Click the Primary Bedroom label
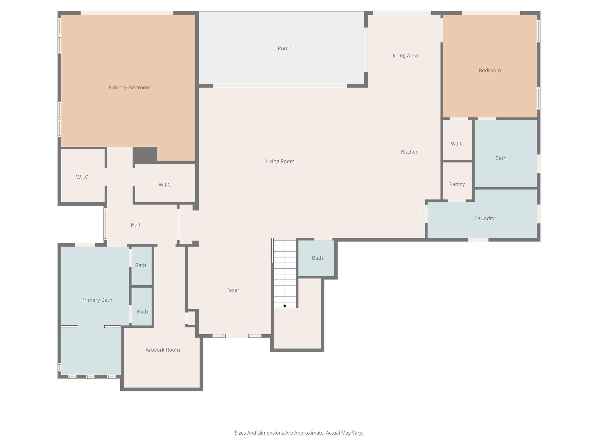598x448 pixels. pyautogui.click(x=129, y=87)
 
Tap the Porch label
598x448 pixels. pyautogui.click(x=284, y=48)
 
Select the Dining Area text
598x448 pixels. pyautogui.click(x=404, y=55)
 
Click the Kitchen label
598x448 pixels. pyautogui.click(x=409, y=152)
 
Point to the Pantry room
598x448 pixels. pyautogui.click(x=457, y=184)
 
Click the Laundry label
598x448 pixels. pyautogui.click(x=484, y=218)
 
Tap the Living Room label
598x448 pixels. pyautogui.click(x=280, y=161)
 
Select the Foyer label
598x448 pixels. pyautogui.click(x=232, y=290)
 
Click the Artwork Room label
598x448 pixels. pyautogui.click(x=162, y=350)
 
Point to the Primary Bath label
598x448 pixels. pyautogui.click(x=97, y=300)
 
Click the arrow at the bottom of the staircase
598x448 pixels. pyautogui.click(x=285, y=306)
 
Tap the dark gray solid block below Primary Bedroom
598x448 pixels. pyautogui.click(x=145, y=155)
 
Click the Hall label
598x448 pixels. pyautogui.click(x=135, y=225)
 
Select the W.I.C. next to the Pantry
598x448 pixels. pyautogui.click(x=457, y=143)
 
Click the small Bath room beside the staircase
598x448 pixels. pyautogui.click(x=317, y=258)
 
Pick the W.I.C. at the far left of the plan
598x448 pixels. pyautogui.click(x=83, y=177)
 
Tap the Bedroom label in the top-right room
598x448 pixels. pyautogui.click(x=489, y=70)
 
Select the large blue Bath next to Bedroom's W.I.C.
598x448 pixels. pyautogui.click(x=501, y=158)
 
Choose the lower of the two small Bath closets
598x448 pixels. pyautogui.click(x=142, y=311)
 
